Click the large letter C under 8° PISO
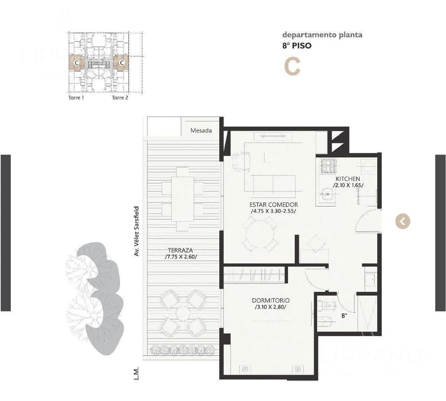(292, 67)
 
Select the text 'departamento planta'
(322, 35)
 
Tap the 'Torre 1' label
(75, 98)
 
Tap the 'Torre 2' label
(120, 98)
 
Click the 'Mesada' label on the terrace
(201, 130)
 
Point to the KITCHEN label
(347, 179)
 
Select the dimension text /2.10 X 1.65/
(348, 185)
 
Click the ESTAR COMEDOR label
(274, 205)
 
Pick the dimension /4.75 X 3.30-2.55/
(274, 212)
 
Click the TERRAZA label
(180, 250)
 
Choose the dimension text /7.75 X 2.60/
(181, 257)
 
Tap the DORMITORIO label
(270, 300)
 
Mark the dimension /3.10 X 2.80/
(270, 307)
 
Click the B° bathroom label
(344, 315)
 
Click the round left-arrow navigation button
(403, 221)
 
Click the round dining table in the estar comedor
(259, 235)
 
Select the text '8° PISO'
(296, 46)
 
